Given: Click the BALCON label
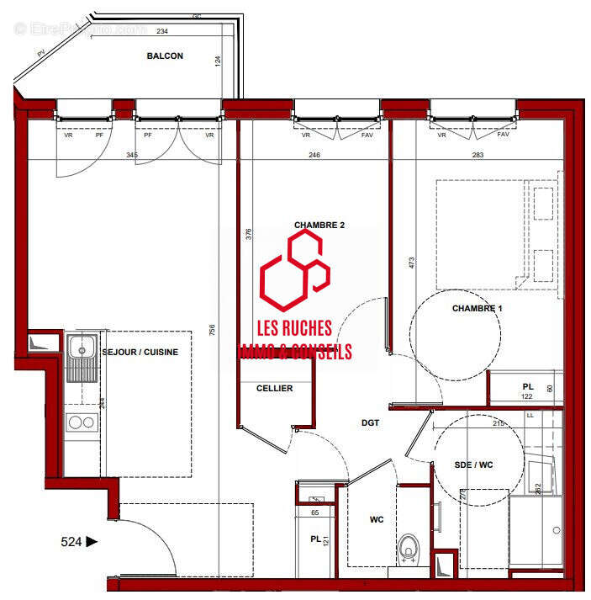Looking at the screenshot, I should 165,56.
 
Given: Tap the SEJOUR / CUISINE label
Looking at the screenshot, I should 140,352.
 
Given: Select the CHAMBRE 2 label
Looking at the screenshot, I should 319,225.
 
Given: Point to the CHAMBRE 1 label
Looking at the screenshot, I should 477,308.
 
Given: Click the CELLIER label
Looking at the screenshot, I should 274,388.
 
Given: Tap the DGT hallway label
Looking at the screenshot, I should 371,422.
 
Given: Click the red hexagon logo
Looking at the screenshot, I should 294,271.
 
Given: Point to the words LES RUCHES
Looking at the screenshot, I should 294,328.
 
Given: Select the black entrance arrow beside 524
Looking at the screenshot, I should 92,542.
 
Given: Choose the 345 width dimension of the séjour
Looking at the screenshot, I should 131,155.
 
